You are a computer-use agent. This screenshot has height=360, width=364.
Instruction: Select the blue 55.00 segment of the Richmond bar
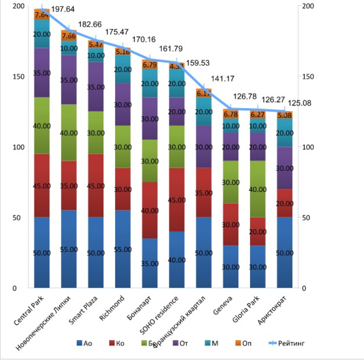point(123,249)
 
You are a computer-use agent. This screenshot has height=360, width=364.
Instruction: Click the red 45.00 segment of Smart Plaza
point(96,186)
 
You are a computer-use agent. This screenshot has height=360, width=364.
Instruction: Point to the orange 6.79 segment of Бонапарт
point(150,65)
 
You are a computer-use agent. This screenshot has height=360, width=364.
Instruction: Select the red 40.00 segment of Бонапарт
point(150,210)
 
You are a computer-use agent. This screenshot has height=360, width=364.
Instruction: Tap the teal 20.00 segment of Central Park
point(42,34)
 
